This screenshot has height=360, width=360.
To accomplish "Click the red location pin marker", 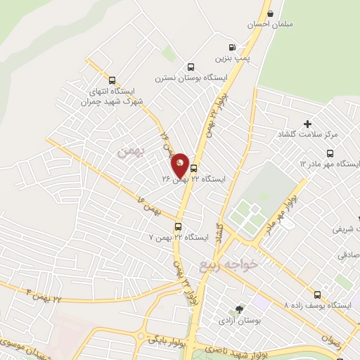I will coord(180,166).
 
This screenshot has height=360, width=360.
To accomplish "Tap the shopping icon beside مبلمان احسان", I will coord(270,12).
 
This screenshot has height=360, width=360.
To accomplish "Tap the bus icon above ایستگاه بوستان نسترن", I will coord(190,67).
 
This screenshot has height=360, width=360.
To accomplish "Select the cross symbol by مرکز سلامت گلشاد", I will coord(308,123).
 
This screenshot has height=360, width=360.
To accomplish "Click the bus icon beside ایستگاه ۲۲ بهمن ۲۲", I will coord(194,168).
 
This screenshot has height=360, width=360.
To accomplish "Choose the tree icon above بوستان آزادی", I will coord(240,309).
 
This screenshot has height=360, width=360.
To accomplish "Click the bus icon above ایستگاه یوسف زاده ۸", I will coord(317,295).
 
